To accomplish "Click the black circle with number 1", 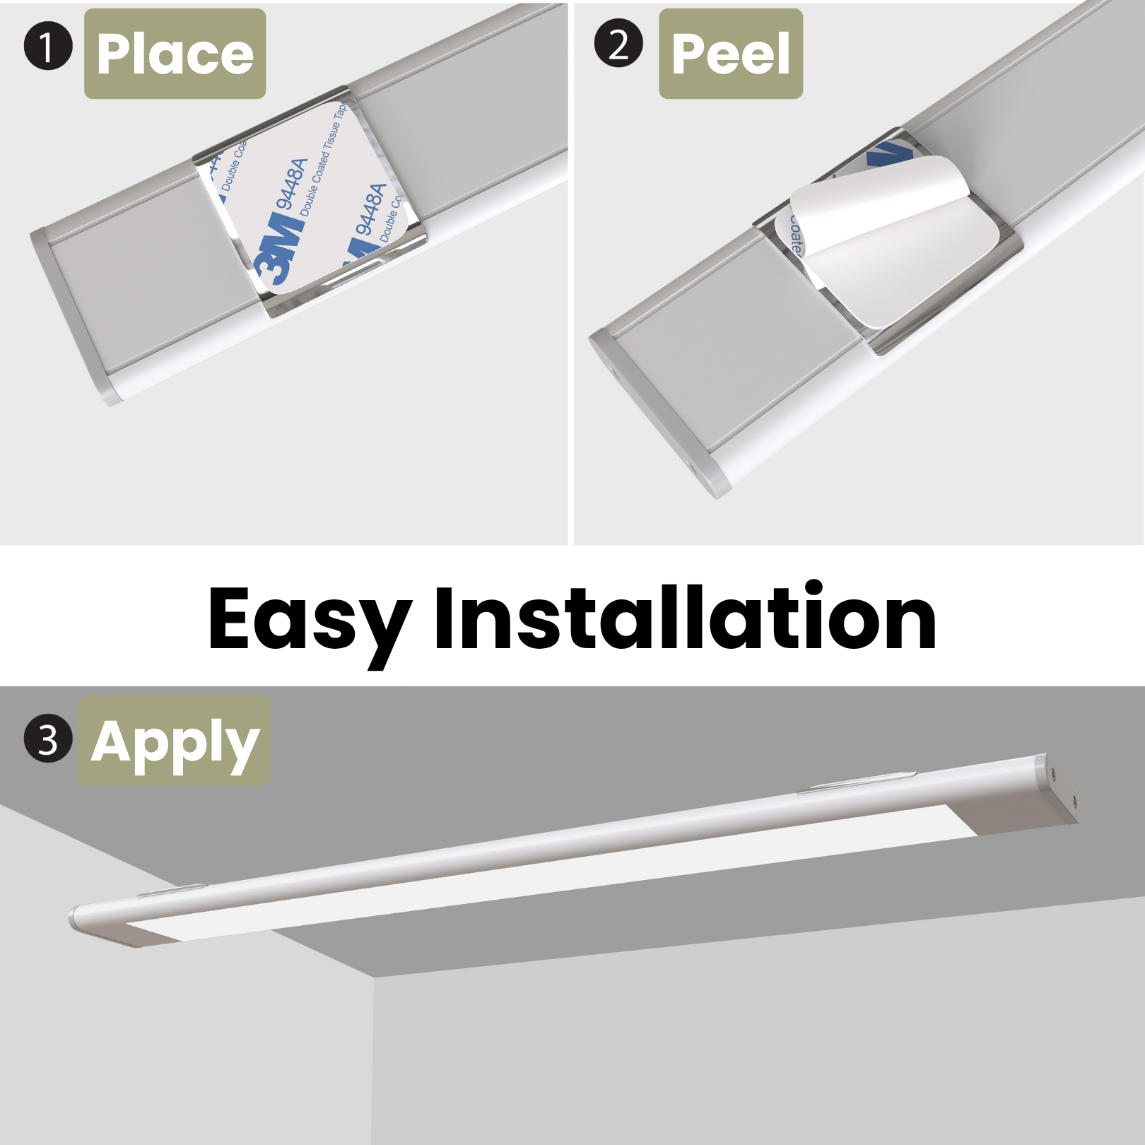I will (48, 47).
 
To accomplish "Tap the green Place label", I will (175, 54).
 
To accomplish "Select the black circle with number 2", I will (618, 44).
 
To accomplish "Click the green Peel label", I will (730, 54).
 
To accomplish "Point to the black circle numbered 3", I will (48, 739).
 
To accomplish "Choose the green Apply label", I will (175, 741).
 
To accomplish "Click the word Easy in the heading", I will (309, 620).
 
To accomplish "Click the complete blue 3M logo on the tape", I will (281, 247).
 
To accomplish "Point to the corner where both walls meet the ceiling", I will (373, 977).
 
